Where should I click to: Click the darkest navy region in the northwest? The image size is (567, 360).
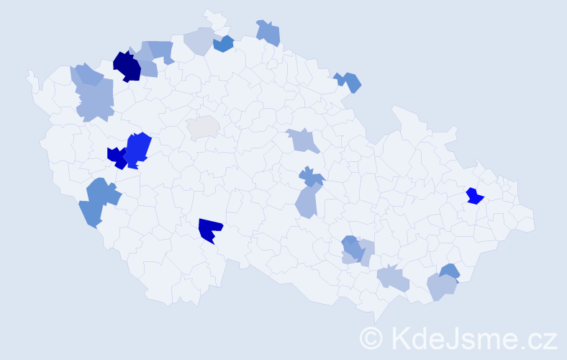point(127,66)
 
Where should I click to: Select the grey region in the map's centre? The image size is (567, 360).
point(204,127)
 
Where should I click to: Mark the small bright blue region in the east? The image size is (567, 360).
point(474,196)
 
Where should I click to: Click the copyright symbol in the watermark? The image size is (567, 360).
point(372,337)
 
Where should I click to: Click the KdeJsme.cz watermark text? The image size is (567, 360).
point(475,337)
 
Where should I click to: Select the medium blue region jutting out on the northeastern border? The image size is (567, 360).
point(349,81)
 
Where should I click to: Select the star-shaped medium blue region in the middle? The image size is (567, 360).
point(311,176)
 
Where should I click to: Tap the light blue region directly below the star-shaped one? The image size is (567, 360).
point(307,201)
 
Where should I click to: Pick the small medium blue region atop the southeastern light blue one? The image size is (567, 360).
point(449,271)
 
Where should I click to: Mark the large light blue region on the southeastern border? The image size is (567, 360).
point(441,287)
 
